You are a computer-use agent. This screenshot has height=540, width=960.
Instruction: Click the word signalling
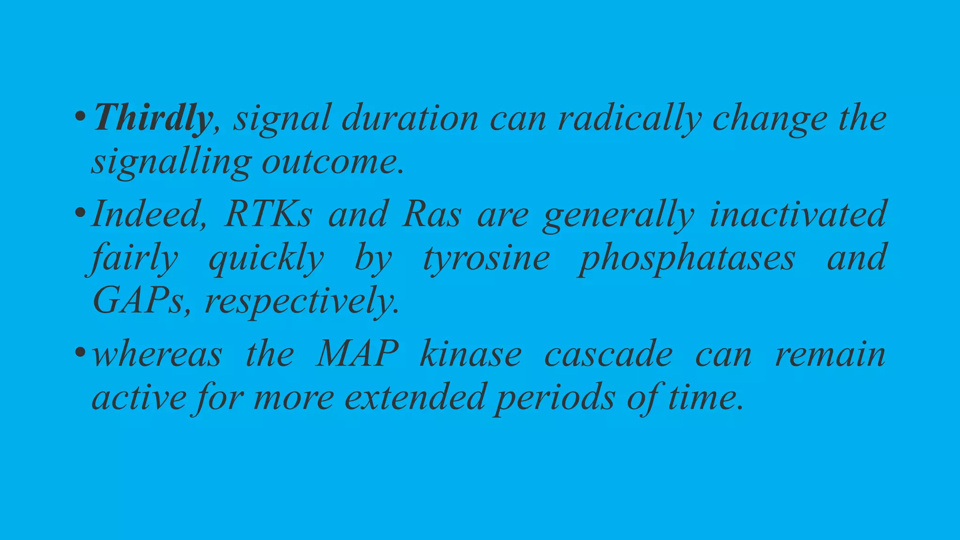[x=171, y=163]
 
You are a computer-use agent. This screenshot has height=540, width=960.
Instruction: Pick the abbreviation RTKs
[x=268, y=214]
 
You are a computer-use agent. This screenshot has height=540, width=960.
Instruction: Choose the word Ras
[x=432, y=214]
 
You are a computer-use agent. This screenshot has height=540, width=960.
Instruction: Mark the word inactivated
[x=797, y=214]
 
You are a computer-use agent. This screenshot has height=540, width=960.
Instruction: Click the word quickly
[x=266, y=258]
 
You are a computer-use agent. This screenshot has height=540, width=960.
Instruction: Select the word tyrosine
[x=486, y=258]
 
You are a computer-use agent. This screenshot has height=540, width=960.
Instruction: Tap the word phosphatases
[x=686, y=258]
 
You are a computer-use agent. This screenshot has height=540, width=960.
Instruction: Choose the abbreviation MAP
[x=357, y=354]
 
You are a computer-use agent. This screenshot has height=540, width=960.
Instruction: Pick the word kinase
[x=470, y=354]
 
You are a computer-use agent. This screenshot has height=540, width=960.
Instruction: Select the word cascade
[x=608, y=354]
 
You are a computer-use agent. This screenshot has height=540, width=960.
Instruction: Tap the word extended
[x=415, y=397]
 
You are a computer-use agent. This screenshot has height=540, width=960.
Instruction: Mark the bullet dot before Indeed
[x=80, y=212]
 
